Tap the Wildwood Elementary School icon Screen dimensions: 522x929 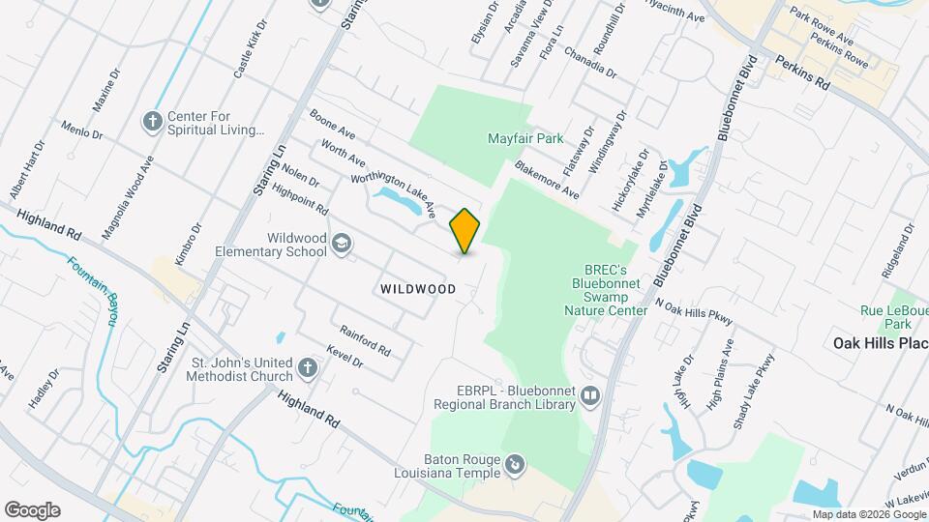pyautogui.click(x=341, y=244)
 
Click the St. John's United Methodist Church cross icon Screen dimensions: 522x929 pyautogui.click(x=307, y=368)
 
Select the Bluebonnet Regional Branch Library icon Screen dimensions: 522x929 pyautogui.click(x=589, y=395)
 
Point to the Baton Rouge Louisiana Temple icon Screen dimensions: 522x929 pyautogui.click(x=516, y=467)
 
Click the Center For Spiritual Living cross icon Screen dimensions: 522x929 pyautogui.click(x=152, y=122)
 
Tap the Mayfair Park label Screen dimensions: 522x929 pyautogui.click(x=524, y=139)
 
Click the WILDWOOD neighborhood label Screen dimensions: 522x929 pyautogui.click(x=418, y=289)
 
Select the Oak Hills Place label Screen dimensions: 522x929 pyautogui.click(x=881, y=343)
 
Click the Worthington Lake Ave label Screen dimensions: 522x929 pyautogui.click(x=393, y=182)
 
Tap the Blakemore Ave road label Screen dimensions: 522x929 pyautogui.click(x=547, y=180)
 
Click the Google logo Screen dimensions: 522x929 pyautogui.click(x=32, y=510)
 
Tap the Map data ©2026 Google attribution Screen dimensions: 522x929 pyautogui.click(x=869, y=514)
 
